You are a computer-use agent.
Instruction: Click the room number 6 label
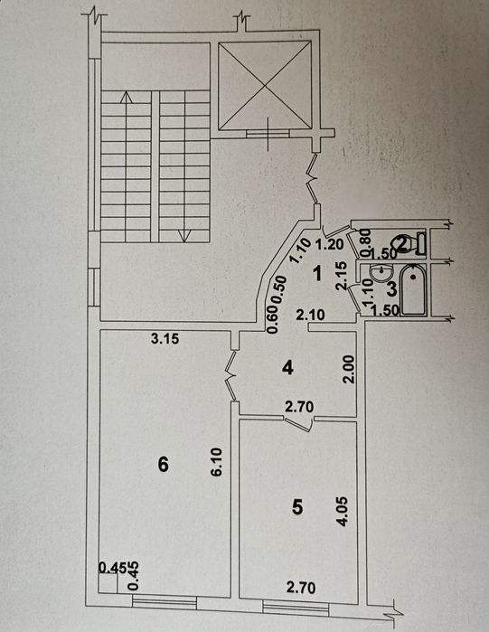point(163,465)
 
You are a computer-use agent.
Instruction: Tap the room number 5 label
point(297,507)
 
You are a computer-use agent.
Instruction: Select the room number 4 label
point(287,368)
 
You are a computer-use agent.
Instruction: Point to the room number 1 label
point(318,274)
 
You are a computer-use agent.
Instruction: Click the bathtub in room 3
point(413,290)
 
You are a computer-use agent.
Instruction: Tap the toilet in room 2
point(411,243)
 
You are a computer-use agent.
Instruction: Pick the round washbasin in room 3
point(381,275)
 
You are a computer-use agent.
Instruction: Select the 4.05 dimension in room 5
point(343,512)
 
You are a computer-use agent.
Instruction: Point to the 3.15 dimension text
point(165,338)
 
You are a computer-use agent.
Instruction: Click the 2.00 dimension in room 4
point(349,369)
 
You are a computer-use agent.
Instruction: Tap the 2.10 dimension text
point(310,315)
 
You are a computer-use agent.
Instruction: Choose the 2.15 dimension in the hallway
point(341,276)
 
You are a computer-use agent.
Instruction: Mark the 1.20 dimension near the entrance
point(329,244)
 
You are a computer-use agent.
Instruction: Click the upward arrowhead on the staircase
point(127,97)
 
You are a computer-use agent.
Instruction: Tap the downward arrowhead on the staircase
point(183,236)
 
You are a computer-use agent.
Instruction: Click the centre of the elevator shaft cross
point(265,86)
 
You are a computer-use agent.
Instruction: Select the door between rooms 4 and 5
point(298,423)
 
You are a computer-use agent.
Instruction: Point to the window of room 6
point(165,602)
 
